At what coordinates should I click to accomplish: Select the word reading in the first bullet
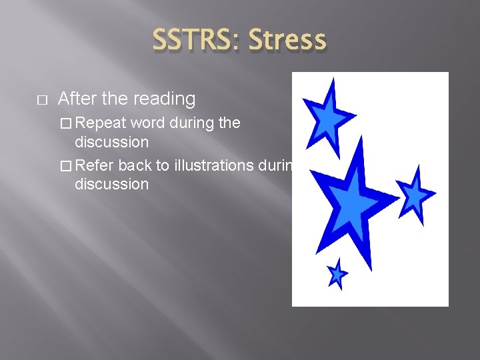pos(165,99)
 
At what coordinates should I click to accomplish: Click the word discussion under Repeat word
pos(111,143)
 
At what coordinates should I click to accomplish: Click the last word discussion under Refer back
pos(111,184)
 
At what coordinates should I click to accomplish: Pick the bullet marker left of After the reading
pos(42,100)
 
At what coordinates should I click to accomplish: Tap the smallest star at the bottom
pos(337,273)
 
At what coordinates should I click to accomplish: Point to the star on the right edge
pos(415,195)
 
